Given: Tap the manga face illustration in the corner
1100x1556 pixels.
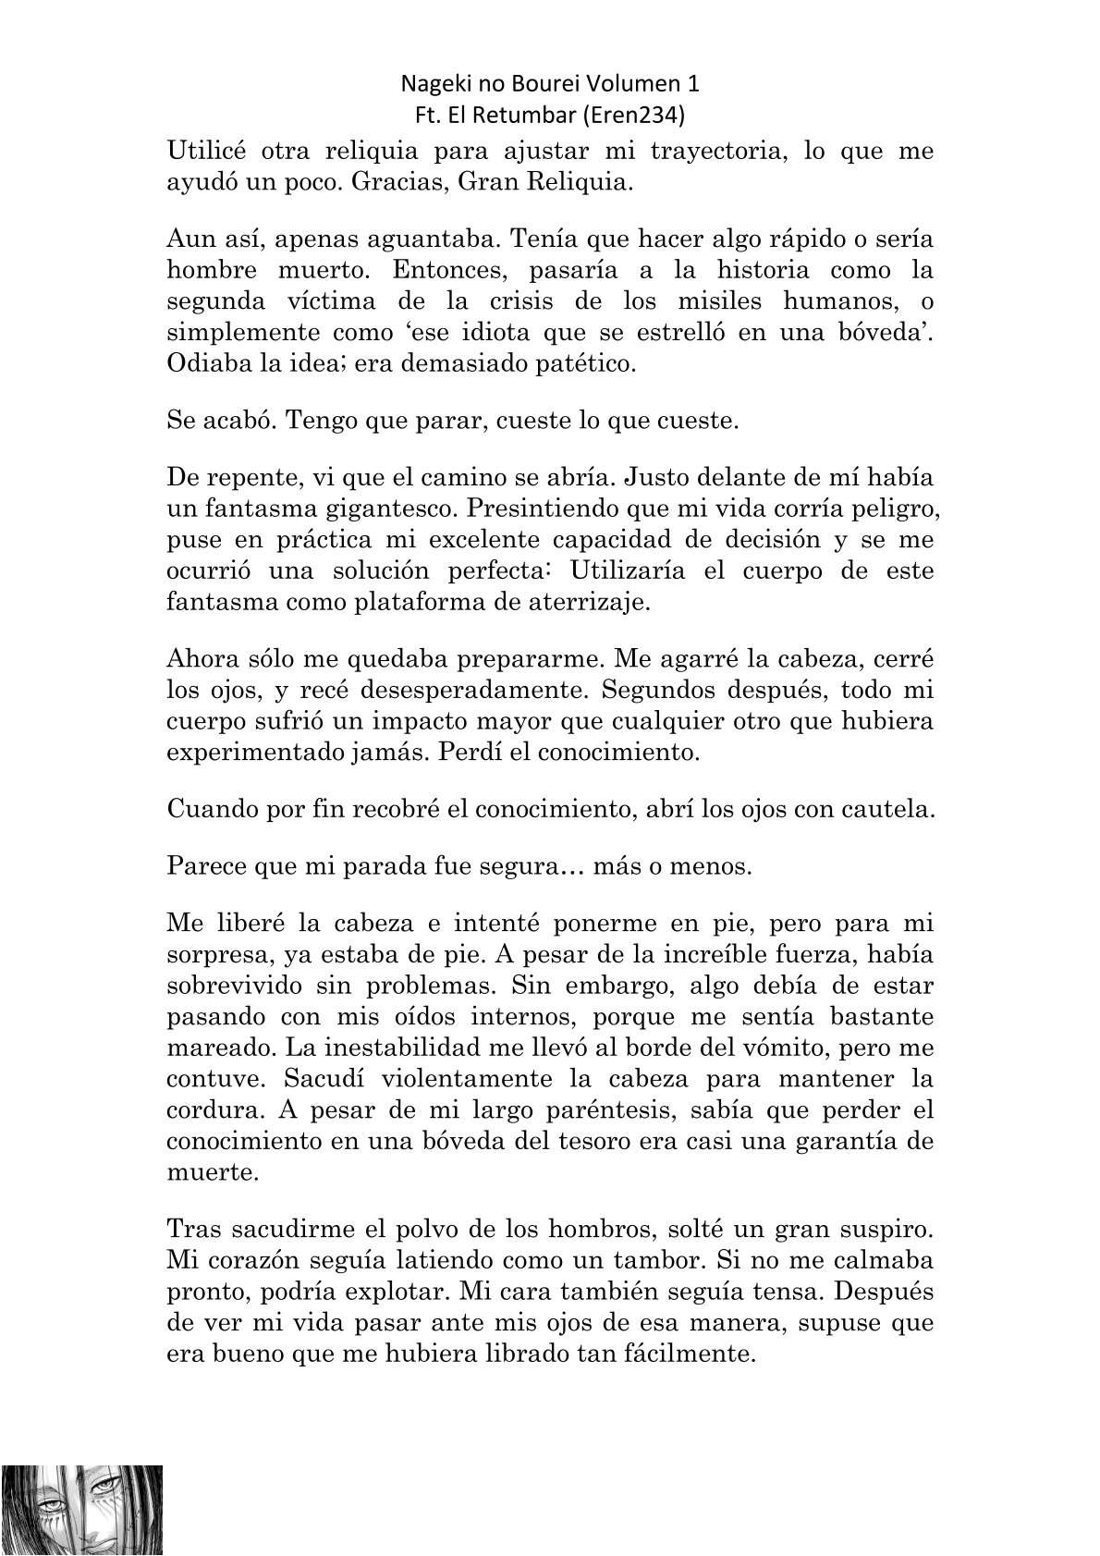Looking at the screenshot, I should [x=81, y=1509].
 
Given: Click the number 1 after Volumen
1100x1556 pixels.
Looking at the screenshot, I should [x=693, y=84].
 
